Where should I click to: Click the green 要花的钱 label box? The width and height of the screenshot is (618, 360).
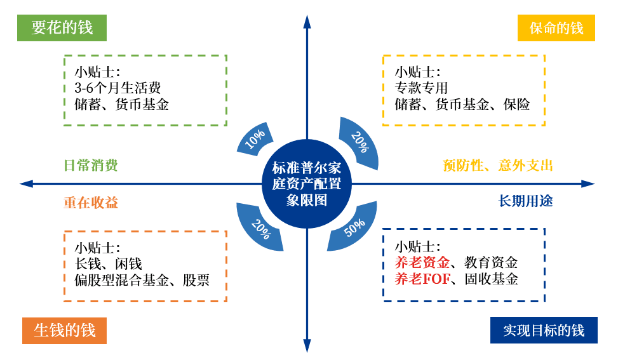(62, 28)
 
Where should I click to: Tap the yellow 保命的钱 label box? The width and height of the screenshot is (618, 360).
(556, 28)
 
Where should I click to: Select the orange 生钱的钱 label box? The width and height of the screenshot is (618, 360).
(64, 330)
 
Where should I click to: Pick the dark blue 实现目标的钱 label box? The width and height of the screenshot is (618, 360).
(544, 330)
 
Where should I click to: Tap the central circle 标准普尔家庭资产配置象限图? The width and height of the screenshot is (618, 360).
(307, 184)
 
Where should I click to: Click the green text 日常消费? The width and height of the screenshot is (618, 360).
(91, 166)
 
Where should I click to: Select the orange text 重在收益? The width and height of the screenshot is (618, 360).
(91, 203)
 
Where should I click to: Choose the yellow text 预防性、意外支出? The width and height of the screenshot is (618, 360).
(498, 166)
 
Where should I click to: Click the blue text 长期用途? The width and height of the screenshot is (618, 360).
(525, 201)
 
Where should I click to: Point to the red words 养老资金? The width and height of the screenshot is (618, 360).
(422, 262)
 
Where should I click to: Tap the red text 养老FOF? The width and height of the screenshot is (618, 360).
(422, 279)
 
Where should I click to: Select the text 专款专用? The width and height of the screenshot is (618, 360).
(421, 88)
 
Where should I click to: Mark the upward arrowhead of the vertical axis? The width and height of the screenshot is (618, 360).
(307, 22)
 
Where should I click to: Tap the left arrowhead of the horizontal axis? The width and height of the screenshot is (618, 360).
(26, 184)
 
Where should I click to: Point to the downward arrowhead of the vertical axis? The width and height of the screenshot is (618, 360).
(307, 346)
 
